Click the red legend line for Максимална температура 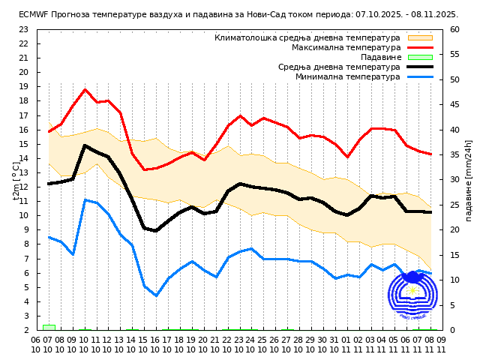420,47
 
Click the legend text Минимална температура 348,76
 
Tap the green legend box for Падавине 420,57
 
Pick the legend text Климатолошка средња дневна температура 307,37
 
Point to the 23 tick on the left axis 23,29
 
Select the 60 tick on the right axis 455,29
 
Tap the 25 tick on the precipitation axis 455,205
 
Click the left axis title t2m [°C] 16,181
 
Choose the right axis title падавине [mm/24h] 469,179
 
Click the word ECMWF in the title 33,14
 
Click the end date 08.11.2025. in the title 433,14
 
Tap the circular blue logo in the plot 412,296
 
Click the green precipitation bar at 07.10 49,327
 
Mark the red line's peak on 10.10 85,89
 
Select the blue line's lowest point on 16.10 156,295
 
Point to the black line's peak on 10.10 85,145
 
